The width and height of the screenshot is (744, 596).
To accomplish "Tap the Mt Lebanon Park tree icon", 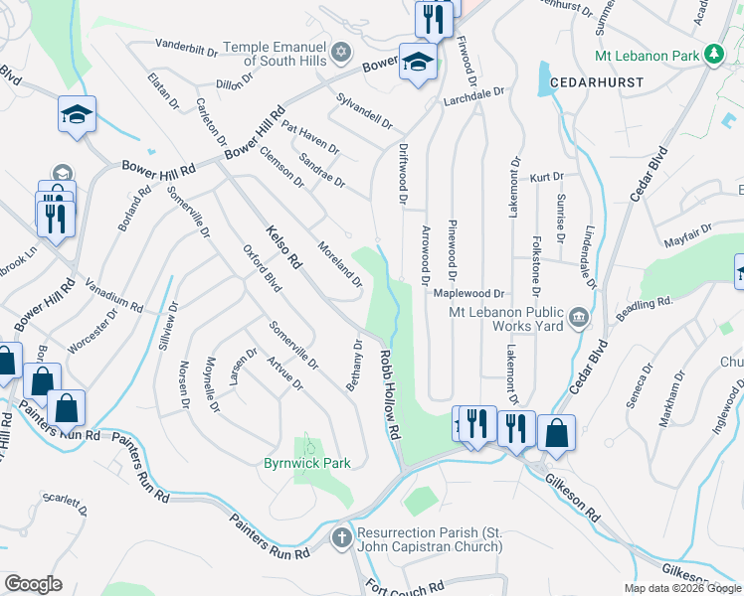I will [x=713, y=56].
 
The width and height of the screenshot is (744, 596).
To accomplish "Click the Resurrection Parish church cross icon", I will [x=341, y=537].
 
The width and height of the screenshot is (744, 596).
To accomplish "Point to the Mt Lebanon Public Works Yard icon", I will [x=579, y=319].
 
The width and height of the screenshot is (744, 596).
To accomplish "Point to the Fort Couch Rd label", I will [x=404, y=586].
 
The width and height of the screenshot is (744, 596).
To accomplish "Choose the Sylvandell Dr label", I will [x=365, y=110].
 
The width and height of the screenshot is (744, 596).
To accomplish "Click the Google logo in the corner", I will [x=33, y=584].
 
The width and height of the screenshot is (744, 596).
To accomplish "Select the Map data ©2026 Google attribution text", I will [x=681, y=588].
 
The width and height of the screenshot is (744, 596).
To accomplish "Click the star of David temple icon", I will [x=341, y=51].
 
